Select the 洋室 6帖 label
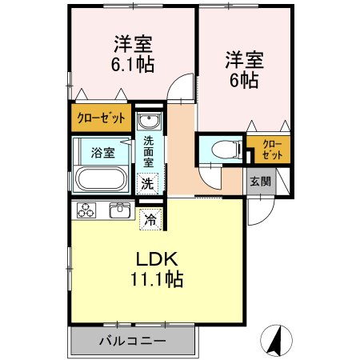click(x=244, y=68)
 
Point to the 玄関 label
click(x=259, y=181)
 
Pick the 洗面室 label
click(x=149, y=152)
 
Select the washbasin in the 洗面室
click(x=149, y=122)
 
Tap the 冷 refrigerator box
click(x=150, y=218)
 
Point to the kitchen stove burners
click(x=86, y=211)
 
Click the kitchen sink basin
click(x=120, y=210)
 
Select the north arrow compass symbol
click(x=277, y=340)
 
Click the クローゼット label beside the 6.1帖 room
click(x=101, y=118)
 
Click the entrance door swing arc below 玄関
click(x=258, y=211)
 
